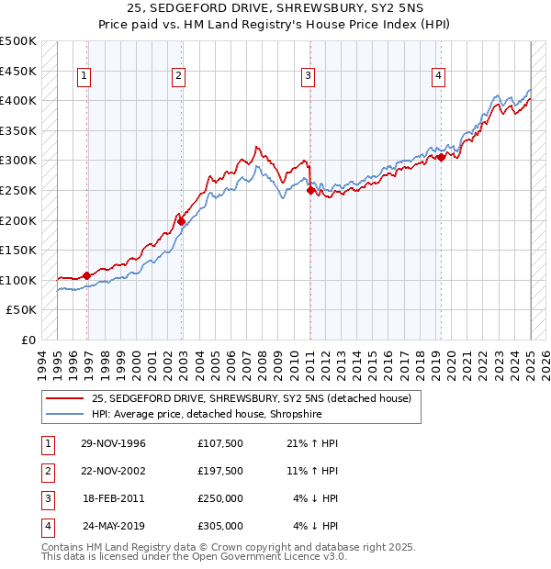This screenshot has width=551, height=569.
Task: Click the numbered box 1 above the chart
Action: coord(84,77)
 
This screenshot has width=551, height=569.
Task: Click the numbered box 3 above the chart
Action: coord(309,77)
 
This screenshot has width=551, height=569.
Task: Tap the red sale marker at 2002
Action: coord(182,221)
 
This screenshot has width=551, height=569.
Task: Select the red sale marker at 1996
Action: coord(87,275)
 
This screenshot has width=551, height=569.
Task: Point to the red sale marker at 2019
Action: coord(442,157)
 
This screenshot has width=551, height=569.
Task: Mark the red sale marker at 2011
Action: coord(310,190)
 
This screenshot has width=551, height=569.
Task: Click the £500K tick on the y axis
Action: coord(18,41)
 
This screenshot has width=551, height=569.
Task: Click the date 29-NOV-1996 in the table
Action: coord(114,443)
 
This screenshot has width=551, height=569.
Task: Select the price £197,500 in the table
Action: coord(220,471)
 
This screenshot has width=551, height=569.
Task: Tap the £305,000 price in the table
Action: coord(220,526)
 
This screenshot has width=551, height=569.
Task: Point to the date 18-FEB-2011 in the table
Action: coord(114,498)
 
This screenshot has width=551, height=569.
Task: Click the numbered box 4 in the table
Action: coord(47,526)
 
